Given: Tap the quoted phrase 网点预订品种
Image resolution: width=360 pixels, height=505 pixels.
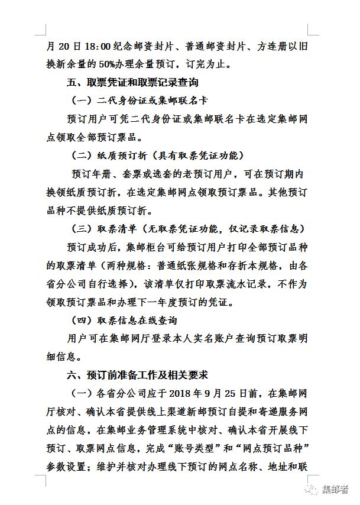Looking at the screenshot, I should (x=275, y=448).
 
